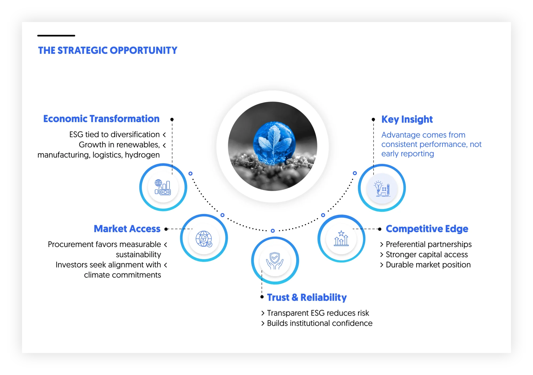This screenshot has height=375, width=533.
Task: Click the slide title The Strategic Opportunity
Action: click(x=107, y=50)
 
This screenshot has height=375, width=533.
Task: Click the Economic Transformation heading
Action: click(x=101, y=119)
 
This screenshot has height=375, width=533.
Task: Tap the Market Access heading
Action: click(x=127, y=229)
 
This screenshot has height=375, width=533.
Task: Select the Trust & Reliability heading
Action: click(x=307, y=297)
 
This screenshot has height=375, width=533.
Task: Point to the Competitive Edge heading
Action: click(x=427, y=229)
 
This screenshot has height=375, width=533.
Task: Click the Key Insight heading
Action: click(x=407, y=119)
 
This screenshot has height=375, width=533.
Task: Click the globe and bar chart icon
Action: click(x=163, y=187)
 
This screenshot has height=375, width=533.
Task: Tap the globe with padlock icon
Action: click(x=204, y=239)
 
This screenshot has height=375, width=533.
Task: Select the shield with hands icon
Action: click(x=275, y=261)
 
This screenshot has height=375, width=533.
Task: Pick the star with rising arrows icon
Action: click(x=341, y=238)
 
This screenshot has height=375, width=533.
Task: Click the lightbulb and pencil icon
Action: click(x=382, y=188)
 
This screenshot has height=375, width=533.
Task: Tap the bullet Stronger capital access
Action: click(x=426, y=255)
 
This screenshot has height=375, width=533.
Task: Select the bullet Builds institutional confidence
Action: click(x=320, y=323)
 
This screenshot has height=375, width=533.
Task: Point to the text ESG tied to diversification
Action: click(x=114, y=135)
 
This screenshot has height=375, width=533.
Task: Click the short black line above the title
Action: click(x=56, y=35)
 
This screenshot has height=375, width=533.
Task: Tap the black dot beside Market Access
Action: click(x=166, y=229)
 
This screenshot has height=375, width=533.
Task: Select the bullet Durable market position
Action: click(x=428, y=265)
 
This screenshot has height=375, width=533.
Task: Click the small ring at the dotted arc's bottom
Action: click(x=273, y=231)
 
